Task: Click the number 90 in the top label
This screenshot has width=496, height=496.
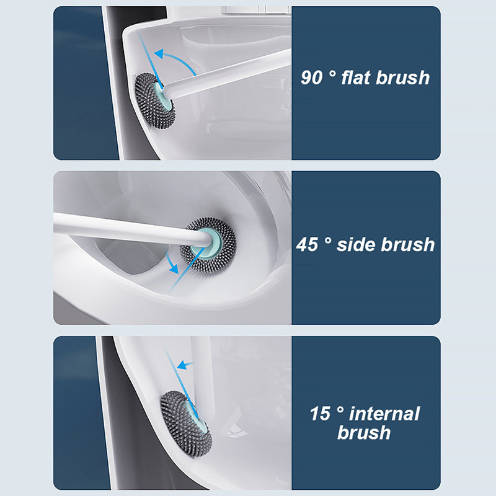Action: click(x=312, y=78)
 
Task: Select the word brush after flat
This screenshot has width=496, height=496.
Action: click(x=402, y=77)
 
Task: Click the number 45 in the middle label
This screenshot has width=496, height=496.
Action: click(x=307, y=244)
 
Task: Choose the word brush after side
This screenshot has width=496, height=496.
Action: click(x=408, y=244)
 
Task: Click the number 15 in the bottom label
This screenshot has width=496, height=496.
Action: click(x=320, y=414)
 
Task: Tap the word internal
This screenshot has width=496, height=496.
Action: click(x=384, y=414)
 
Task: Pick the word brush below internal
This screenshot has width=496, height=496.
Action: click(x=364, y=432)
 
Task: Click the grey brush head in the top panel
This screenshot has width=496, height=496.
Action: click(x=154, y=101)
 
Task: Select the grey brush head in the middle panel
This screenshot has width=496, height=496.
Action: click(x=208, y=244)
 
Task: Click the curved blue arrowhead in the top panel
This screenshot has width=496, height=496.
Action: click(x=159, y=54)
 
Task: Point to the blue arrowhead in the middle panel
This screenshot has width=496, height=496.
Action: click(x=174, y=269)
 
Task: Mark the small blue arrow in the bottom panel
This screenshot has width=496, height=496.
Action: click(x=184, y=365)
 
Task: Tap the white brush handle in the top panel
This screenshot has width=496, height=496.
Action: click(x=227, y=75)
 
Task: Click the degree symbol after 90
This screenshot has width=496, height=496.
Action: click(x=332, y=74)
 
